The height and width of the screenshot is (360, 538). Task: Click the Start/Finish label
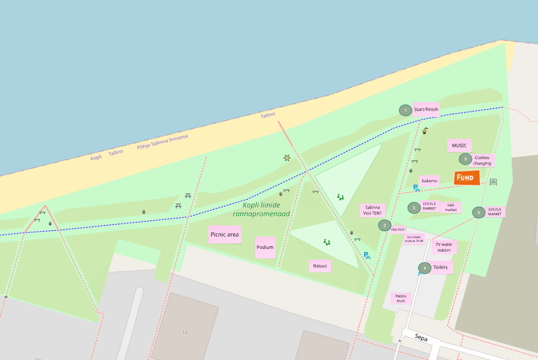(426, 109)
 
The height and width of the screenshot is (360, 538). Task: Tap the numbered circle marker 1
(406, 111)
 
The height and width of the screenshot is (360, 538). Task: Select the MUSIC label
(459, 145)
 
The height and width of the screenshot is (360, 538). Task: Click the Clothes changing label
(482, 160)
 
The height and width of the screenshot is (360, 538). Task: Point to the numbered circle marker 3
(465, 159)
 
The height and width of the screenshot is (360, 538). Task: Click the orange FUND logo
(466, 178)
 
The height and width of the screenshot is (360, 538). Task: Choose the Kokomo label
(429, 181)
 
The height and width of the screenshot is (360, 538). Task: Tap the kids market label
(450, 207)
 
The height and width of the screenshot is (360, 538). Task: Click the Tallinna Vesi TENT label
(372, 210)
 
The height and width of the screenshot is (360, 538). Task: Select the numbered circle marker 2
(384, 225)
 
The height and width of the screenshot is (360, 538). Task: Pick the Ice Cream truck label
(415, 239)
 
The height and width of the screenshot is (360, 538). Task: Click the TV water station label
(443, 247)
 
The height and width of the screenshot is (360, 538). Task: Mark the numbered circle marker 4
(425, 268)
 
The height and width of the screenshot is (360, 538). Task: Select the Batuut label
(320, 265)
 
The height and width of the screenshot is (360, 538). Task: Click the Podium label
(265, 247)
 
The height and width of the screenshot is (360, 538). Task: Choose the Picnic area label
(224, 234)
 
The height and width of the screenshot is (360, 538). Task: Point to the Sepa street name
(421, 337)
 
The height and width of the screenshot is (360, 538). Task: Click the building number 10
(185, 333)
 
